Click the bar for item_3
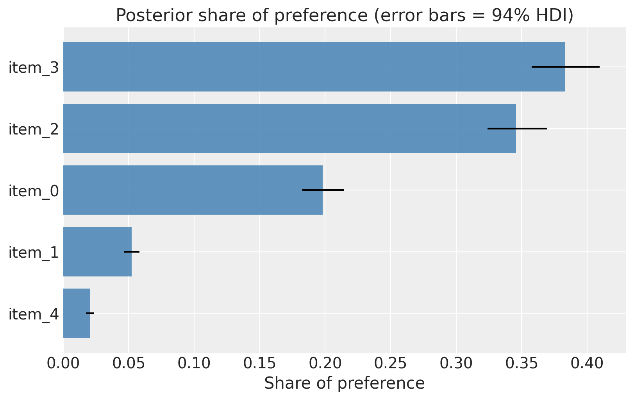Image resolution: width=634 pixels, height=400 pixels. tap(314, 67)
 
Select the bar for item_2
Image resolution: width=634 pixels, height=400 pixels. tap(289, 129)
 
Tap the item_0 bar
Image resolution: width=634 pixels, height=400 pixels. tap(193, 190)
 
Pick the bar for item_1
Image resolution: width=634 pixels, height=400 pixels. tap(97, 251)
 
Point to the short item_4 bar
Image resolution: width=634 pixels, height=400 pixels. tap(77, 313)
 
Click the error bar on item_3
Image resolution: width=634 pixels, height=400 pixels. tap(566, 67)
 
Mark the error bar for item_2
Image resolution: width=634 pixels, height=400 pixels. tap(517, 129)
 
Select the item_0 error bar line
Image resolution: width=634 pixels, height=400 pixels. tap(323, 190)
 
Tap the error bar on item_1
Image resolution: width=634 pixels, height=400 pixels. tap(132, 251)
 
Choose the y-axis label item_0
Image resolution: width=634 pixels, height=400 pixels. tap(34, 191)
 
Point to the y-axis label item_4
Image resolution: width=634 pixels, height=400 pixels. tap(34, 314)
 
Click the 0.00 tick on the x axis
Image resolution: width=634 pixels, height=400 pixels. tap(63, 364)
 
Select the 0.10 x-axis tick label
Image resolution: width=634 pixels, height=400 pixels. tap(194, 364)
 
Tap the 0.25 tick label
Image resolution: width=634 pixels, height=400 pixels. tap(391, 364)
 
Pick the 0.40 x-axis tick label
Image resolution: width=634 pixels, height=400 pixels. tap(587, 364)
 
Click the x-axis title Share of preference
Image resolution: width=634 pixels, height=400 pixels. tap(345, 384)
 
